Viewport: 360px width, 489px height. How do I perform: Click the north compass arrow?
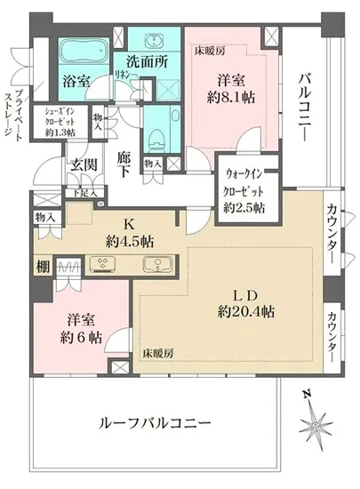pos(312,420)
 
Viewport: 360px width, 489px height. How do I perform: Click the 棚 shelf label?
pos(42,264)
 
